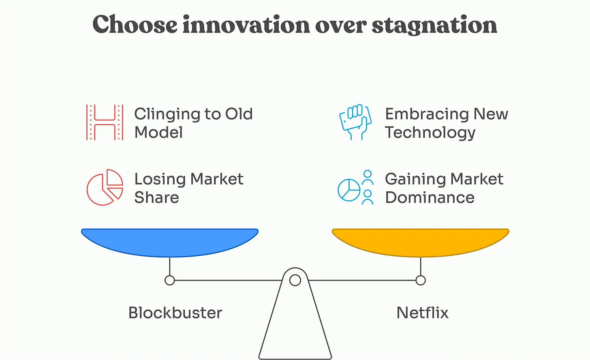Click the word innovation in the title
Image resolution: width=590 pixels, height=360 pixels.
click(x=246, y=25)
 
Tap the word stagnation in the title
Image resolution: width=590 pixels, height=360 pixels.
click(x=434, y=25)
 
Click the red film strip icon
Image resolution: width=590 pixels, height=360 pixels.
click(x=105, y=122)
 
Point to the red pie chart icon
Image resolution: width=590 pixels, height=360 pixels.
click(x=105, y=187)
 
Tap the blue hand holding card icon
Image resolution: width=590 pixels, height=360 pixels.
click(x=355, y=122)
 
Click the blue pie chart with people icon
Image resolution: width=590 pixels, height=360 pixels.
click(x=356, y=187)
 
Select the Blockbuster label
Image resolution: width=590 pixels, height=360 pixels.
click(x=175, y=313)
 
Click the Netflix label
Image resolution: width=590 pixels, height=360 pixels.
click(x=422, y=313)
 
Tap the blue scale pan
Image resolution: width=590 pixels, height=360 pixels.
click(x=170, y=242)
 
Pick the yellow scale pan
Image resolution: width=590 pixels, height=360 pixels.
click(x=420, y=242)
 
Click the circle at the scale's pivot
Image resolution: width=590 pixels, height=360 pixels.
click(x=295, y=280)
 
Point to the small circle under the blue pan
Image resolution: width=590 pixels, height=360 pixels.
click(x=170, y=280)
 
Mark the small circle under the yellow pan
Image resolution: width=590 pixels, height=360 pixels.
click(x=421, y=280)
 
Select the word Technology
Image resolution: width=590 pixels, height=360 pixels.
click(x=430, y=133)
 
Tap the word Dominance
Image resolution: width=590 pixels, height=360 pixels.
click(x=430, y=197)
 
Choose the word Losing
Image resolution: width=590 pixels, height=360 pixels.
click(x=160, y=180)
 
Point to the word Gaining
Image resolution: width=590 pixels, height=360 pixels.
click(x=415, y=180)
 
